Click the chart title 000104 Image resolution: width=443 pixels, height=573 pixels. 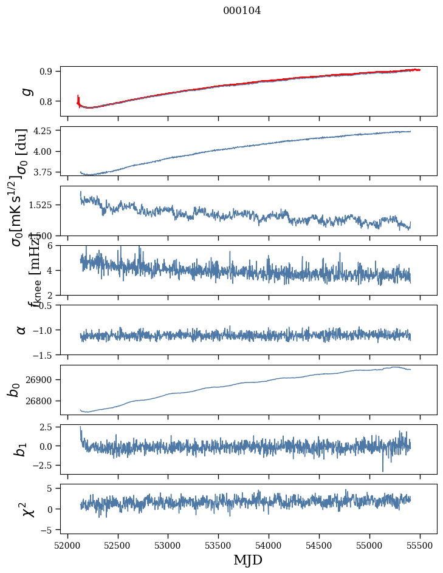coord(242,11)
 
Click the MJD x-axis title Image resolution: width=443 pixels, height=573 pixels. coord(248,560)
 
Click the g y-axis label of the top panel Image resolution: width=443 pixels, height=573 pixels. coord(26,91)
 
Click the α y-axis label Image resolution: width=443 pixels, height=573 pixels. coord(22,330)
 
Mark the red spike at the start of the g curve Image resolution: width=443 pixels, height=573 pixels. coord(78,98)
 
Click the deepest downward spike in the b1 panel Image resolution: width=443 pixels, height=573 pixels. coord(383,470)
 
